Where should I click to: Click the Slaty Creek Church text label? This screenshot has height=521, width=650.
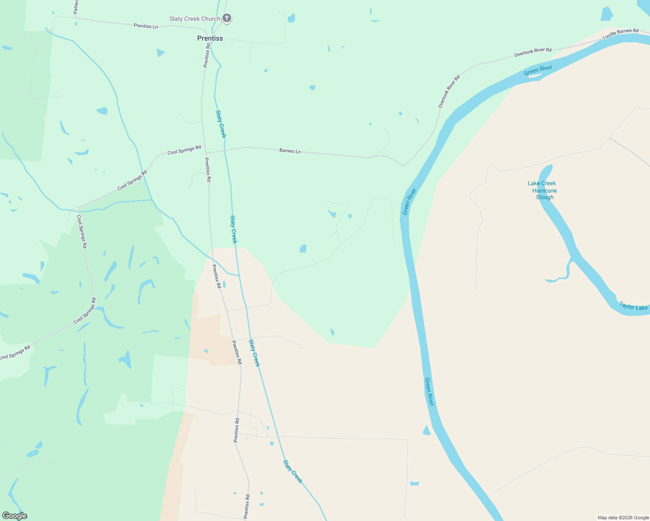click(x=195, y=19)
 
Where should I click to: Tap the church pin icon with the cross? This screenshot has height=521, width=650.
click(x=227, y=18)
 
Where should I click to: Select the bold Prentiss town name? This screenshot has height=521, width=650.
click(x=210, y=38)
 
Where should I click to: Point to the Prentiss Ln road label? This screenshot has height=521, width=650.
click(x=146, y=26)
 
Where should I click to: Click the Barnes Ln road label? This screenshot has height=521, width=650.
click(x=290, y=151)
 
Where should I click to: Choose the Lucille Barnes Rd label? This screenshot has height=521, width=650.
click(x=620, y=34)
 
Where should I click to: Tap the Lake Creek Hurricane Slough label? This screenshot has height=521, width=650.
click(x=543, y=190)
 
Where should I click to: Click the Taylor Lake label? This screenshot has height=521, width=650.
click(x=633, y=307)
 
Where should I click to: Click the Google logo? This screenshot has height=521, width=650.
click(x=15, y=516)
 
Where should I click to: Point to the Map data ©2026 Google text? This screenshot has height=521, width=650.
click(x=623, y=518)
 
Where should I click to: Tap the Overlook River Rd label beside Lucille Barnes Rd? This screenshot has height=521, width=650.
click(x=533, y=53)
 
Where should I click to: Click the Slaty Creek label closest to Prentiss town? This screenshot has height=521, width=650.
click(x=221, y=124)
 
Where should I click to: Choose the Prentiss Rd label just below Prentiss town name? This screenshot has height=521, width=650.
click(x=207, y=55)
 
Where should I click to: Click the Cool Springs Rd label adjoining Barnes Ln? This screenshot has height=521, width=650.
click(x=184, y=150)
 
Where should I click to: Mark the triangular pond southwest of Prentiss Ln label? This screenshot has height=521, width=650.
click(x=160, y=53)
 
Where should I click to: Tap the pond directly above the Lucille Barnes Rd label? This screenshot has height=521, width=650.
click(x=606, y=14)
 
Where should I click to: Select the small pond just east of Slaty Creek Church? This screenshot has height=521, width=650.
click(x=291, y=18)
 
